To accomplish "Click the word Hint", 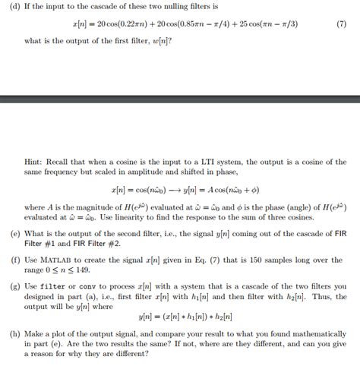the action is [34, 162].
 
